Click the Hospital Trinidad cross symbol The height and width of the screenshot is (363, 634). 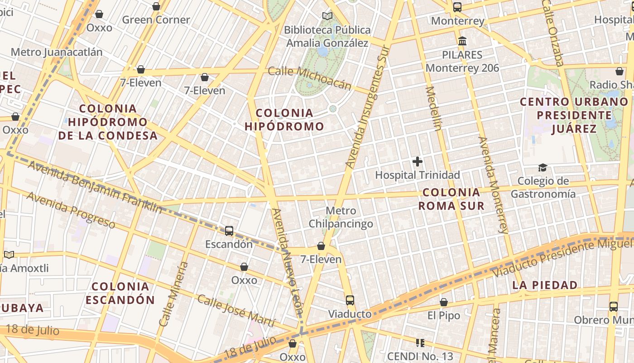417,162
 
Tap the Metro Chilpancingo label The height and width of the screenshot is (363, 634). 341,217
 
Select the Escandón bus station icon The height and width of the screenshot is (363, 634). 229,231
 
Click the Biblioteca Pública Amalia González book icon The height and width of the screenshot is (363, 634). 327,16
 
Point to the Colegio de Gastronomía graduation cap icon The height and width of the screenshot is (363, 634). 543,168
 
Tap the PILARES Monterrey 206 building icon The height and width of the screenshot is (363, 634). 462,41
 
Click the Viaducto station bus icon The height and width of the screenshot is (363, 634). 350,300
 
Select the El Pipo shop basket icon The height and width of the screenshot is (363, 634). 444,302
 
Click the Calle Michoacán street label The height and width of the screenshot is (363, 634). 309,78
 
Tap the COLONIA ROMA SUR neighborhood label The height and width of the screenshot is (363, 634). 451,199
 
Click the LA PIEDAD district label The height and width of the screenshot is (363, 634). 545,285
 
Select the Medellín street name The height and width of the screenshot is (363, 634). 433,108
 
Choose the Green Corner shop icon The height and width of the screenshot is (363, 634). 156,7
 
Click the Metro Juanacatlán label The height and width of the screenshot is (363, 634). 57,52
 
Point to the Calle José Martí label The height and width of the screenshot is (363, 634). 236,311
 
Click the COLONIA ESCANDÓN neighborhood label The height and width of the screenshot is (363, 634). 120,293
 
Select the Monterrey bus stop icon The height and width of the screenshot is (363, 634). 457,7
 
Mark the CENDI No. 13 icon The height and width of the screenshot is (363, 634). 420,343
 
